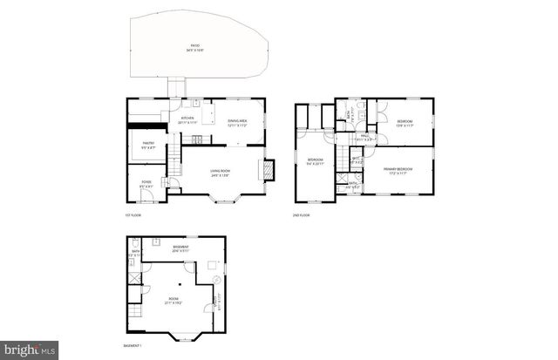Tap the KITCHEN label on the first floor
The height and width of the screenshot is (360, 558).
[x=187, y=119]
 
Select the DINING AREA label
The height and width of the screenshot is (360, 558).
[x=237, y=122]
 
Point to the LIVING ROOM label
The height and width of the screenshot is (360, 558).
[x=220, y=172]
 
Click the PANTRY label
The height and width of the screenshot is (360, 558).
[x=148, y=146]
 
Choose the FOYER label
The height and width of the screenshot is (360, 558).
[x=146, y=183]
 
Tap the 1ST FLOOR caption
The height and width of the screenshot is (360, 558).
[x=133, y=214]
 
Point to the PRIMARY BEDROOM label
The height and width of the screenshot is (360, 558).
[x=397, y=171]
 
